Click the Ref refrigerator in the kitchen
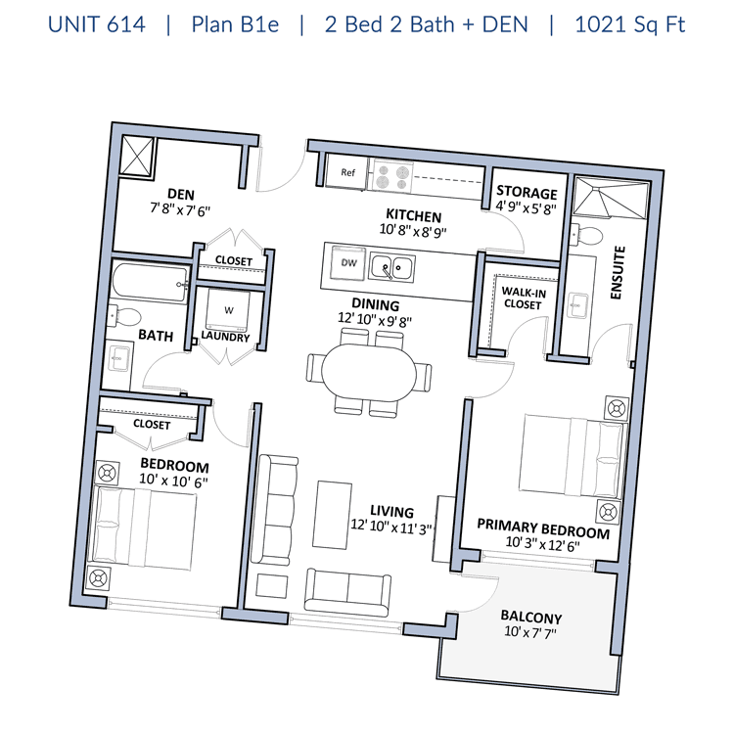coord(345,172)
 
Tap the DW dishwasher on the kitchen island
coord(348,262)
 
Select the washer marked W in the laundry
coord(228,310)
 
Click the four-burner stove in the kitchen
coord(392,176)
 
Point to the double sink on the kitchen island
coord(391,268)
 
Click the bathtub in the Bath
coord(151,283)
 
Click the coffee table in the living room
coord(333,515)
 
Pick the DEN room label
coord(181,194)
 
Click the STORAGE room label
coord(527,192)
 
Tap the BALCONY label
coord(531,617)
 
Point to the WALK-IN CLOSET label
coord(524,298)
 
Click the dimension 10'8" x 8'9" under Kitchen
coord(413,231)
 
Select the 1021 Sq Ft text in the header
coord(629,24)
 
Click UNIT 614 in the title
coord(97,24)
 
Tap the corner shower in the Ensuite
coord(611,198)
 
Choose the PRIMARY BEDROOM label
coord(543,529)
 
